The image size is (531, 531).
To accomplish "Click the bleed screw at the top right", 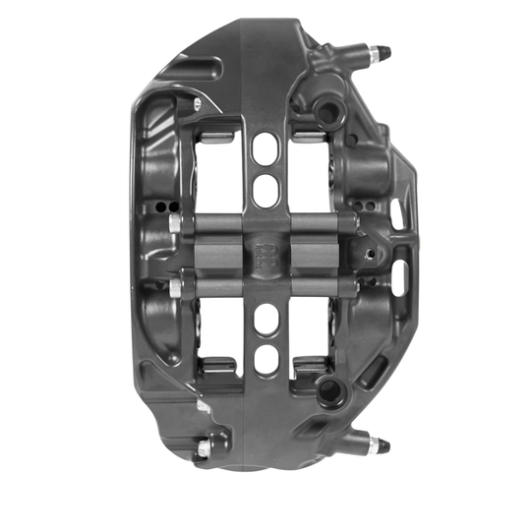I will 379,53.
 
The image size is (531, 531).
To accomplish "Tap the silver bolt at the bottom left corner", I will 205,448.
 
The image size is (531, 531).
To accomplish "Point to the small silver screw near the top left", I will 198,102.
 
